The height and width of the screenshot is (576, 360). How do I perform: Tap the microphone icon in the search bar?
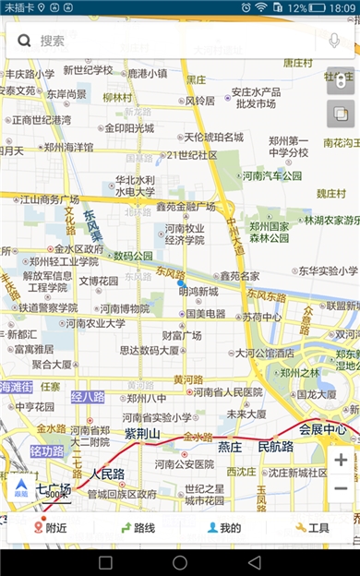click(x=333, y=41)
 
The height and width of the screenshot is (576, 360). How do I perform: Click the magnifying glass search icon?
click(x=22, y=41)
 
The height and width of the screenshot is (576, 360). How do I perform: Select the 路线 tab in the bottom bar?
click(x=137, y=528)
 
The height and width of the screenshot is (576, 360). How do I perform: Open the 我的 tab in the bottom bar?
click(x=223, y=528)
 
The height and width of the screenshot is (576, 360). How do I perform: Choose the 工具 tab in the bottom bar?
click(x=312, y=528)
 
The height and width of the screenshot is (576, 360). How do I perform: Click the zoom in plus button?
click(x=341, y=460)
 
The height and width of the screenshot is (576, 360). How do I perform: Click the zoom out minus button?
click(x=341, y=487)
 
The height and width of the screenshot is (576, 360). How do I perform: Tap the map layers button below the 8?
click(x=341, y=115)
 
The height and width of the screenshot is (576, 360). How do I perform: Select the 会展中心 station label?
click(x=322, y=429)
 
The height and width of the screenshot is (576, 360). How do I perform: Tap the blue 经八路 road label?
click(x=88, y=397)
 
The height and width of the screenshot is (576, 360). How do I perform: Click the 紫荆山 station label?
click(x=143, y=433)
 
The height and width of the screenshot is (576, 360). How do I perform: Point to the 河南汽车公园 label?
click(x=272, y=175)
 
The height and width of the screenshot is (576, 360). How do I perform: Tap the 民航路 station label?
click(x=276, y=447)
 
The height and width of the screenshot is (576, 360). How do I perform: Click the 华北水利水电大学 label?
click(x=135, y=186)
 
